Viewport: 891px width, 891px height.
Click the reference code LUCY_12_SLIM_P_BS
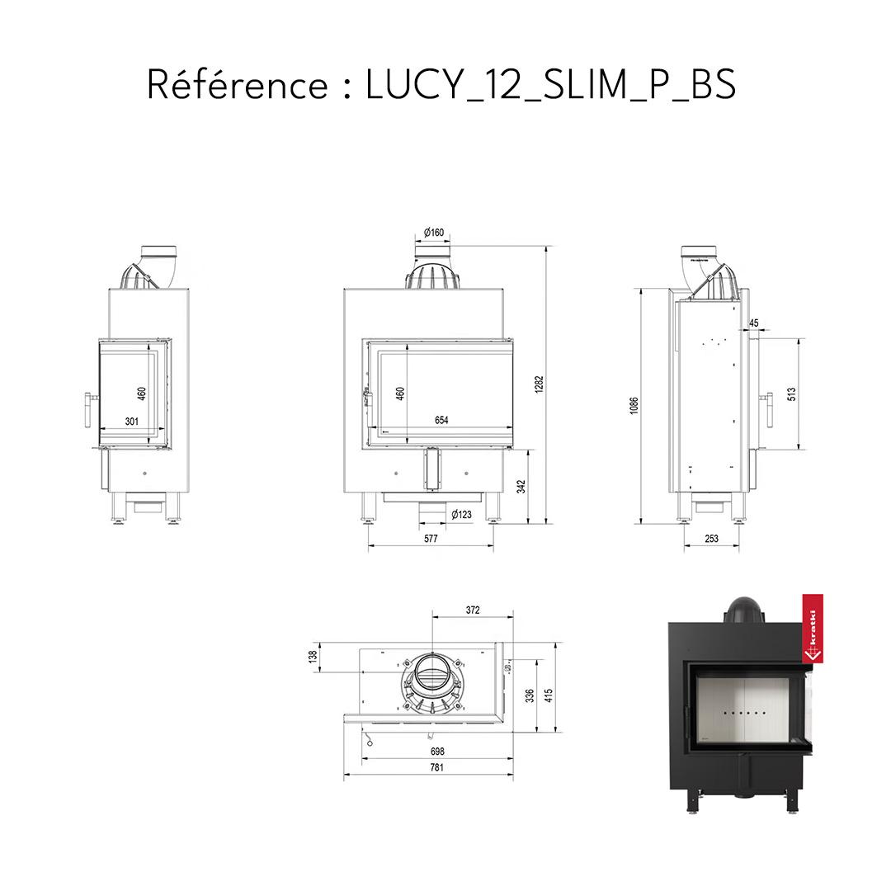(x=550, y=85)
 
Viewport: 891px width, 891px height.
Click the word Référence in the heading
(x=238, y=85)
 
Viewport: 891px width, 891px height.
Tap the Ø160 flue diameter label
(x=434, y=233)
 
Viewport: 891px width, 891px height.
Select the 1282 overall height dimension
(x=540, y=384)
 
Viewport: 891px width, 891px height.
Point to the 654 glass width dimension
(x=441, y=421)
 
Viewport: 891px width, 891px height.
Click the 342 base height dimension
(x=521, y=487)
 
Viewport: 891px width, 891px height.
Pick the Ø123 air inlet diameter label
(x=462, y=515)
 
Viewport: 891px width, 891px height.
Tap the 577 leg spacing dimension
(x=430, y=539)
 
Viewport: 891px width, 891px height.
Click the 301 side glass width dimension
(x=131, y=422)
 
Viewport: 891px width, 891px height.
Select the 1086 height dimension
(x=634, y=405)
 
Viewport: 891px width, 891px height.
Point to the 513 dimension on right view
(x=791, y=394)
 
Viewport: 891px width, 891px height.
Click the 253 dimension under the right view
(x=711, y=539)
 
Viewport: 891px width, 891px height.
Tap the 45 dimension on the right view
(x=754, y=323)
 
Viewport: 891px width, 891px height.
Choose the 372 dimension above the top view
(x=473, y=610)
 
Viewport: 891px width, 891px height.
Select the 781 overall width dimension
(x=436, y=768)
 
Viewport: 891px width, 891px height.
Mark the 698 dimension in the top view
(x=437, y=752)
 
